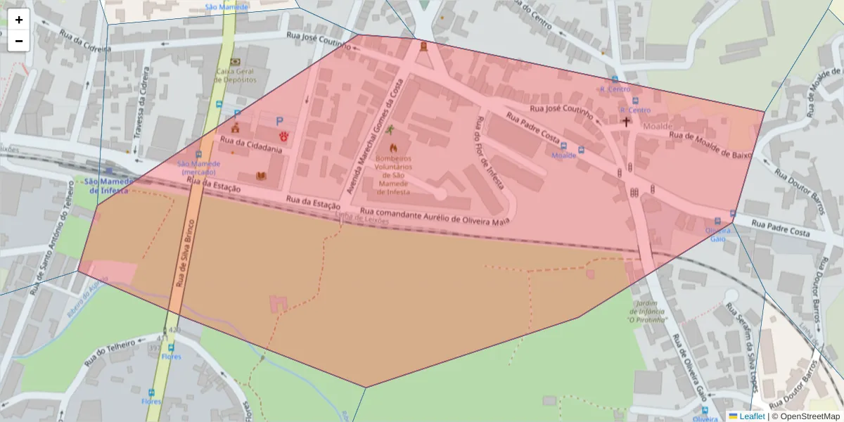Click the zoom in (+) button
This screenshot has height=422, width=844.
[x=19, y=20]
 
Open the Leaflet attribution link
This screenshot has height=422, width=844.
[x=752, y=416]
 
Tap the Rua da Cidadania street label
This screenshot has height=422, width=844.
[x=251, y=145]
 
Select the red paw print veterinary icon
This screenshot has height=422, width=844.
[x=284, y=134]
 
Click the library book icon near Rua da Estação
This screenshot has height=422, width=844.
[x=262, y=175]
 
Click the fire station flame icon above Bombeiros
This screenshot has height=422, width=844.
[x=393, y=148]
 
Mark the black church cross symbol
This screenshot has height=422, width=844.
[x=626, y=122]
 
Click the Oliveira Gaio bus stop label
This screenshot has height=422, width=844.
[x=717, y=234]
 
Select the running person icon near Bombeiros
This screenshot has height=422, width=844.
[x=390, y=130]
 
